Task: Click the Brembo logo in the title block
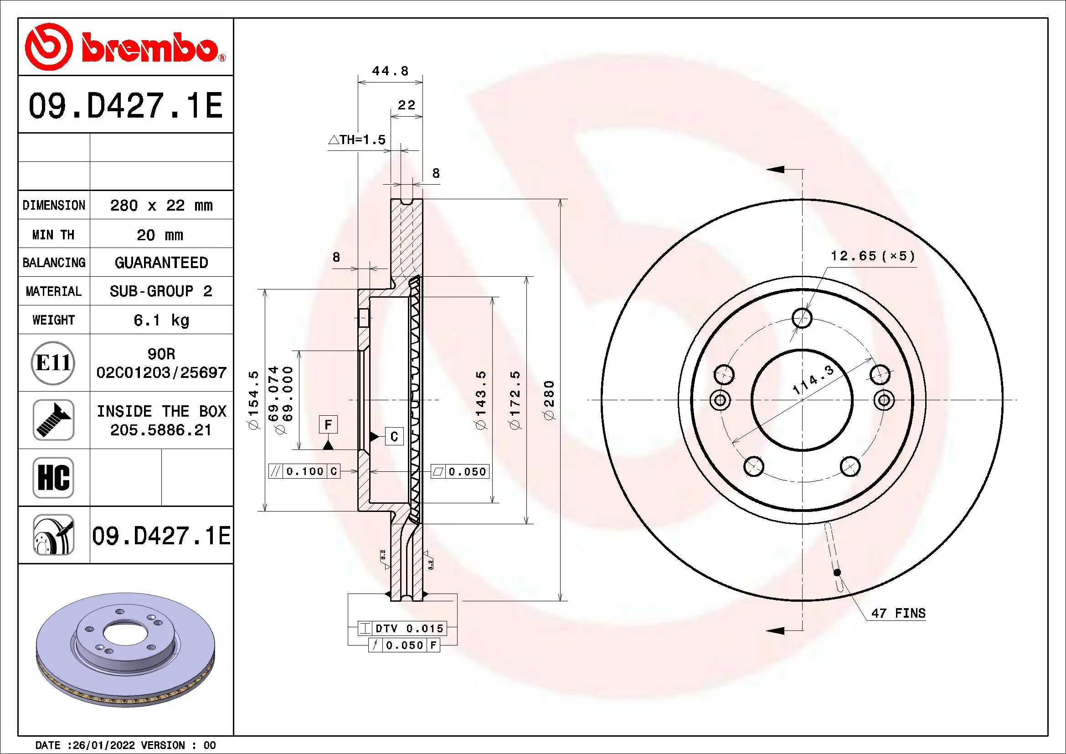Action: (x=124, y=47)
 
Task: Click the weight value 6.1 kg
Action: (x=161, y=320)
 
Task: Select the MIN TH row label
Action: (x=53, y=234)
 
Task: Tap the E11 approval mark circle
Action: (x=53, y=362)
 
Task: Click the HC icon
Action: (x=53, y=477)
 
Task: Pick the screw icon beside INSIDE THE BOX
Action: (x=53, y=420)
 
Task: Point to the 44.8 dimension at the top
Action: (x=390, y=71)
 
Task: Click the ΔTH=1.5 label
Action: (x=357, y=140)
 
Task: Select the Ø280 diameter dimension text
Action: (x=550, y=400)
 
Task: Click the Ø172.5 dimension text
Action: (x=515, y=400)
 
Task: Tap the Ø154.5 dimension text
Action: (x=254, y=400)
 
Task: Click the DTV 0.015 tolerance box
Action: (x=402, y=628)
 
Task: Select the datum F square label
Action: (x=328, y=424)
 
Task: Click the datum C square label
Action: (x=394, y=436)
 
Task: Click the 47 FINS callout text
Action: (x=898, y=613)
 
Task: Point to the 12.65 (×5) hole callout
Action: (x=872, y=256)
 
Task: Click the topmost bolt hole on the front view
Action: (x=802, y=319)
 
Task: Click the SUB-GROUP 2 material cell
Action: (x=161, y=291)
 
